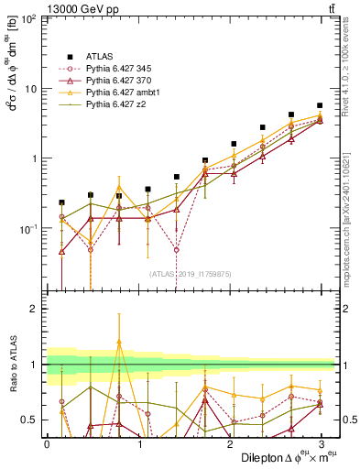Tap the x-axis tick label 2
tap(229, 442)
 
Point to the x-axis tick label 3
tap(320, 442)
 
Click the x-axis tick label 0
tap(47, 442)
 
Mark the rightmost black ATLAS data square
tap(320, 105)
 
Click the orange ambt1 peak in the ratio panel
tap(119, 342)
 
